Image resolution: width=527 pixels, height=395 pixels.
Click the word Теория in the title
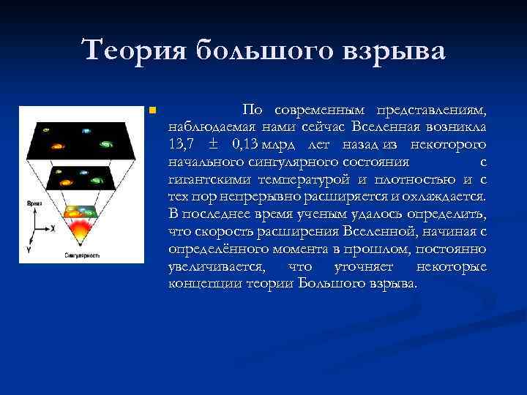tap(135, 51)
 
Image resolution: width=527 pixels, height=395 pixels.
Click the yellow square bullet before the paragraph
tap(151, 110)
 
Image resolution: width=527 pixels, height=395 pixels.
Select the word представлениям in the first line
tap(431, 110)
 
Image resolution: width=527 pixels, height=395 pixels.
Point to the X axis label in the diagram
tap(53, 228)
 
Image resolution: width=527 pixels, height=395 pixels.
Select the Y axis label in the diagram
tap(29, 250)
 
